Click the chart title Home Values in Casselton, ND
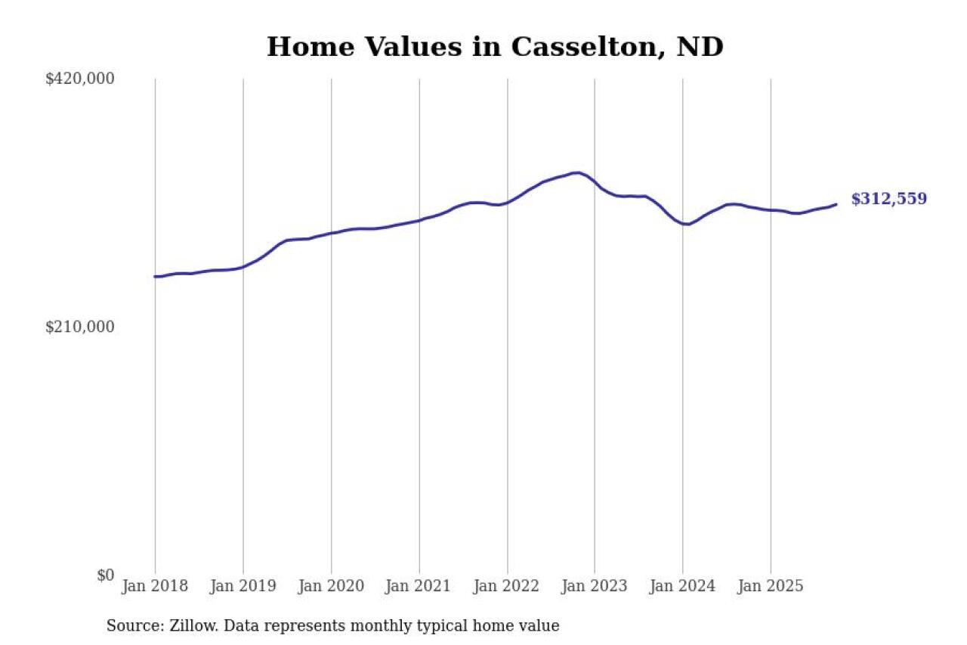[x=495, y=47]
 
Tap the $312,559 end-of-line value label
[x=888, y=199]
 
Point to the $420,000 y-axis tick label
[x=79, y=79]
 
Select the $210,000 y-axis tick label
[x=79, y=327]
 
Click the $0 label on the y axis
[x=105, y=575]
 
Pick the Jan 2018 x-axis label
[x=155, y=586]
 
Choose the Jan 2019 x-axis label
[x=243, y=586]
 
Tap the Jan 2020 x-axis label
[x=331, y=586]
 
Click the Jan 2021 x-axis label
[x=419, y=586]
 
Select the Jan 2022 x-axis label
[x=507, y=586]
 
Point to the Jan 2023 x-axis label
[x=595, y=586]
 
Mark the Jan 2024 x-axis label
[x=683, y=586]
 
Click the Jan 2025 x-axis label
[x=771, y=586]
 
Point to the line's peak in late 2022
[x=577, y=172]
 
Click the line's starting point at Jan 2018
[x=156, y=277]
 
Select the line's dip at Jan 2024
[x=686, y=225]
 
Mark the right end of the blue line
[x=836, y=204]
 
